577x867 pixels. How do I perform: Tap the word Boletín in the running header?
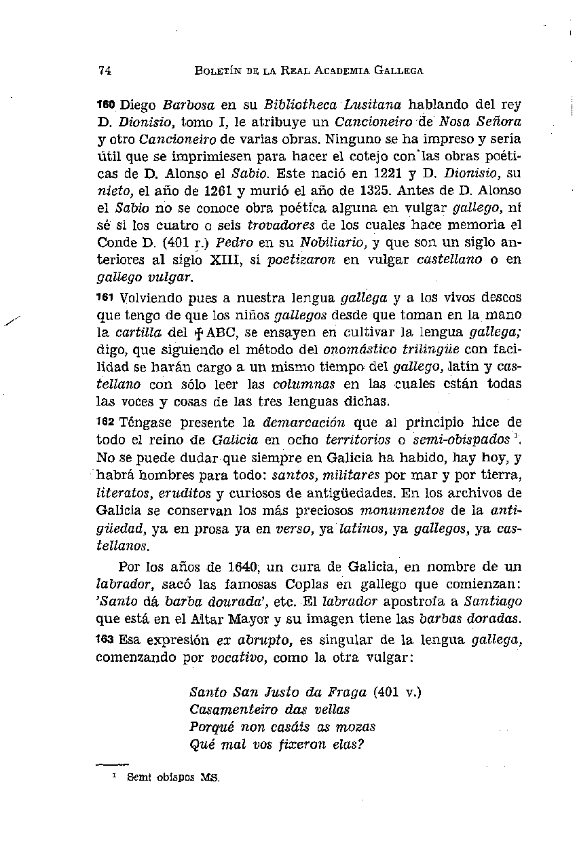pyautogui.click(x=217, y=70)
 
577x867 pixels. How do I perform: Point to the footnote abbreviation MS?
pyautogui.click(x=210, y=778)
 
